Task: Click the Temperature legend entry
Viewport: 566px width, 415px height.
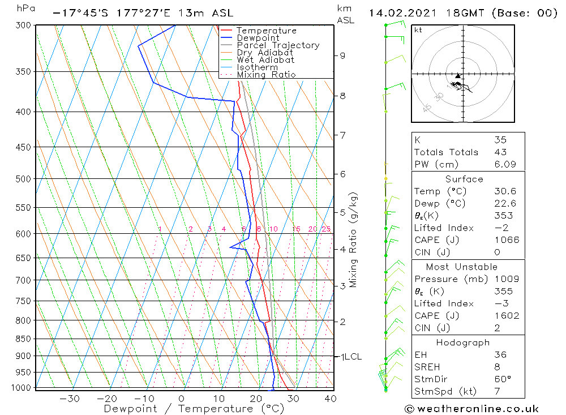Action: (266, 31)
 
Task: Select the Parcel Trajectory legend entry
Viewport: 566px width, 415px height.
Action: (278, 45)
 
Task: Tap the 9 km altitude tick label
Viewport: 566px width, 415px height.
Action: (342, 55)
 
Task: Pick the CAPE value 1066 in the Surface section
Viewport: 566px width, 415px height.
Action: (506, 240)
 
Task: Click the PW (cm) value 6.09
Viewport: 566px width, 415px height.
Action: (504, 164)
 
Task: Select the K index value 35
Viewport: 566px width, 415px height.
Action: (500, 140)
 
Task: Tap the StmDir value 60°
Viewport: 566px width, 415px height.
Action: (503, 379)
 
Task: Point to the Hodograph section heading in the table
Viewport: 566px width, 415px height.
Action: (463, 343)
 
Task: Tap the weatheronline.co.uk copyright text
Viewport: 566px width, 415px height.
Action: (471, 409)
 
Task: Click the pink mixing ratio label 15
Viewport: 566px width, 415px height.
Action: (296, 229)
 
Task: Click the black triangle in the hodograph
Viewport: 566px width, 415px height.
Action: (458, 76)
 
